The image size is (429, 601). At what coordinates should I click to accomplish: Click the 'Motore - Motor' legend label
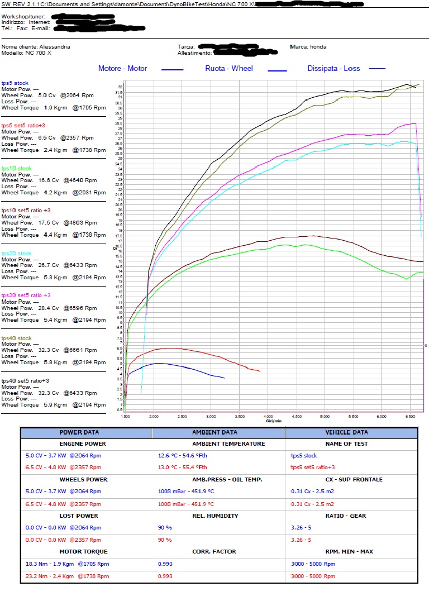122,68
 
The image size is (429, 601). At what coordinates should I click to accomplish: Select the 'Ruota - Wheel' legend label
228,68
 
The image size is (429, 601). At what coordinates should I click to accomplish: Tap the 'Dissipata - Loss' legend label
333,68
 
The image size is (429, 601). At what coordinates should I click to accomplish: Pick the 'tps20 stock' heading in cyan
17,253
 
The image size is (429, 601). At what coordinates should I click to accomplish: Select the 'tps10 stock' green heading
17,168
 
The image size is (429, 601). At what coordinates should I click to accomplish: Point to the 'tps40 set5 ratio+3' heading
25,380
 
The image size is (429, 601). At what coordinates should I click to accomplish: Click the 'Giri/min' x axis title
274,421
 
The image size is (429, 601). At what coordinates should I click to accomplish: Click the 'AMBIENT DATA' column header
214,432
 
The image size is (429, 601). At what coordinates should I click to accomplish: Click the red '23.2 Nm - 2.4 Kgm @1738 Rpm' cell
63,576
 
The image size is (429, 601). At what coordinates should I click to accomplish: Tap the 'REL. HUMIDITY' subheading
214,516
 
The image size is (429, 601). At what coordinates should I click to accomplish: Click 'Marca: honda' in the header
308,47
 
